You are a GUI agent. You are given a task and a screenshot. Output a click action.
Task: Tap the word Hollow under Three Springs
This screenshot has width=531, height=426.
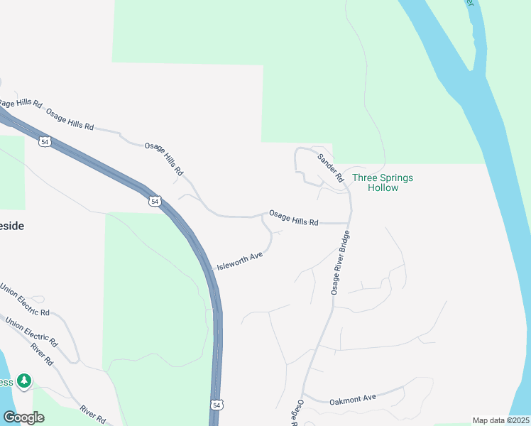(x=383, y=188)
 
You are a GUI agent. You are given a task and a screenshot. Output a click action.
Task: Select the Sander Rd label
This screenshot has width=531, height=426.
(x=331, y=168)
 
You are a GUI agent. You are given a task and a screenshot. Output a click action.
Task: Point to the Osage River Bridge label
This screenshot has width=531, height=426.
(x=340, y=261)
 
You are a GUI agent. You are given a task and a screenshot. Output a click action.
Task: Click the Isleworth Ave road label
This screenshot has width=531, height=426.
(x=240, y=261)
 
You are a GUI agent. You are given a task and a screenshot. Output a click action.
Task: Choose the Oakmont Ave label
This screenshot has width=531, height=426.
(x=353, y=399)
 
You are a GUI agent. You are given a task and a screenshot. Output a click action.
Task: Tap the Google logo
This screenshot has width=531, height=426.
(x=23, y=417)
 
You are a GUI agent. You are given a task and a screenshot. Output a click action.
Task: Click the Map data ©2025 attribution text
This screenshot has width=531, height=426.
(x=500, y=420)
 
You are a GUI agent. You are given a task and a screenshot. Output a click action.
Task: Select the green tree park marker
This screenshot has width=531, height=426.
(x=25, y=381)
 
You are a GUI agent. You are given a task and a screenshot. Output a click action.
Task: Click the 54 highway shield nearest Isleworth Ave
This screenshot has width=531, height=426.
(x=155, y=202)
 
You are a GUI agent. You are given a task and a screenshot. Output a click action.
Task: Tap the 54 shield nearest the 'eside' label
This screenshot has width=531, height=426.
(x=45, y=142)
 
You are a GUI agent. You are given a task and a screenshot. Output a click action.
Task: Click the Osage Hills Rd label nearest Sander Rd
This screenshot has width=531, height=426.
(x=293, y=218)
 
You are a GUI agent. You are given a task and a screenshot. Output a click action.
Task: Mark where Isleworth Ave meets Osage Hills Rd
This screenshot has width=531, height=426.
(x=263, y=217)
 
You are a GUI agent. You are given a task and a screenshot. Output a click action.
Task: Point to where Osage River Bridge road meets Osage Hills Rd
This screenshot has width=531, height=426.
(x=349, y=223)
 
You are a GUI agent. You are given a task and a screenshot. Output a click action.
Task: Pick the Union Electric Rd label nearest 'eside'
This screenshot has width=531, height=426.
(x=24, y=302)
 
